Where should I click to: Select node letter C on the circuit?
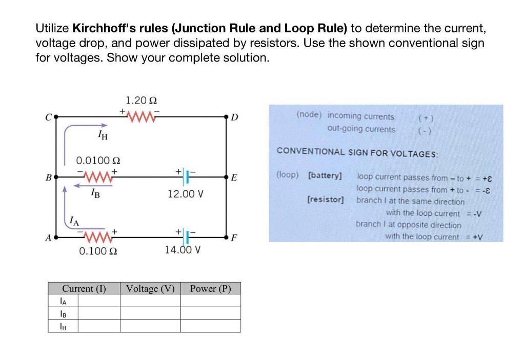pos(48,117)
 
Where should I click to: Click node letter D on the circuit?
pos(234,117)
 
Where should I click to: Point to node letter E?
pos(234,178)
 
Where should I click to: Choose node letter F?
pos(234,239)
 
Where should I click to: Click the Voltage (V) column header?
pos(150,288)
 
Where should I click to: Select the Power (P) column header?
pos(210,288)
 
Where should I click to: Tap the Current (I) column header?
pos(84,288)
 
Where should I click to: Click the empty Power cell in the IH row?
pos(210,326)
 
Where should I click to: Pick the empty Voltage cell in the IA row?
pos(150,301)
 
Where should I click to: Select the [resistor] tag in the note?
pos(325,198)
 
